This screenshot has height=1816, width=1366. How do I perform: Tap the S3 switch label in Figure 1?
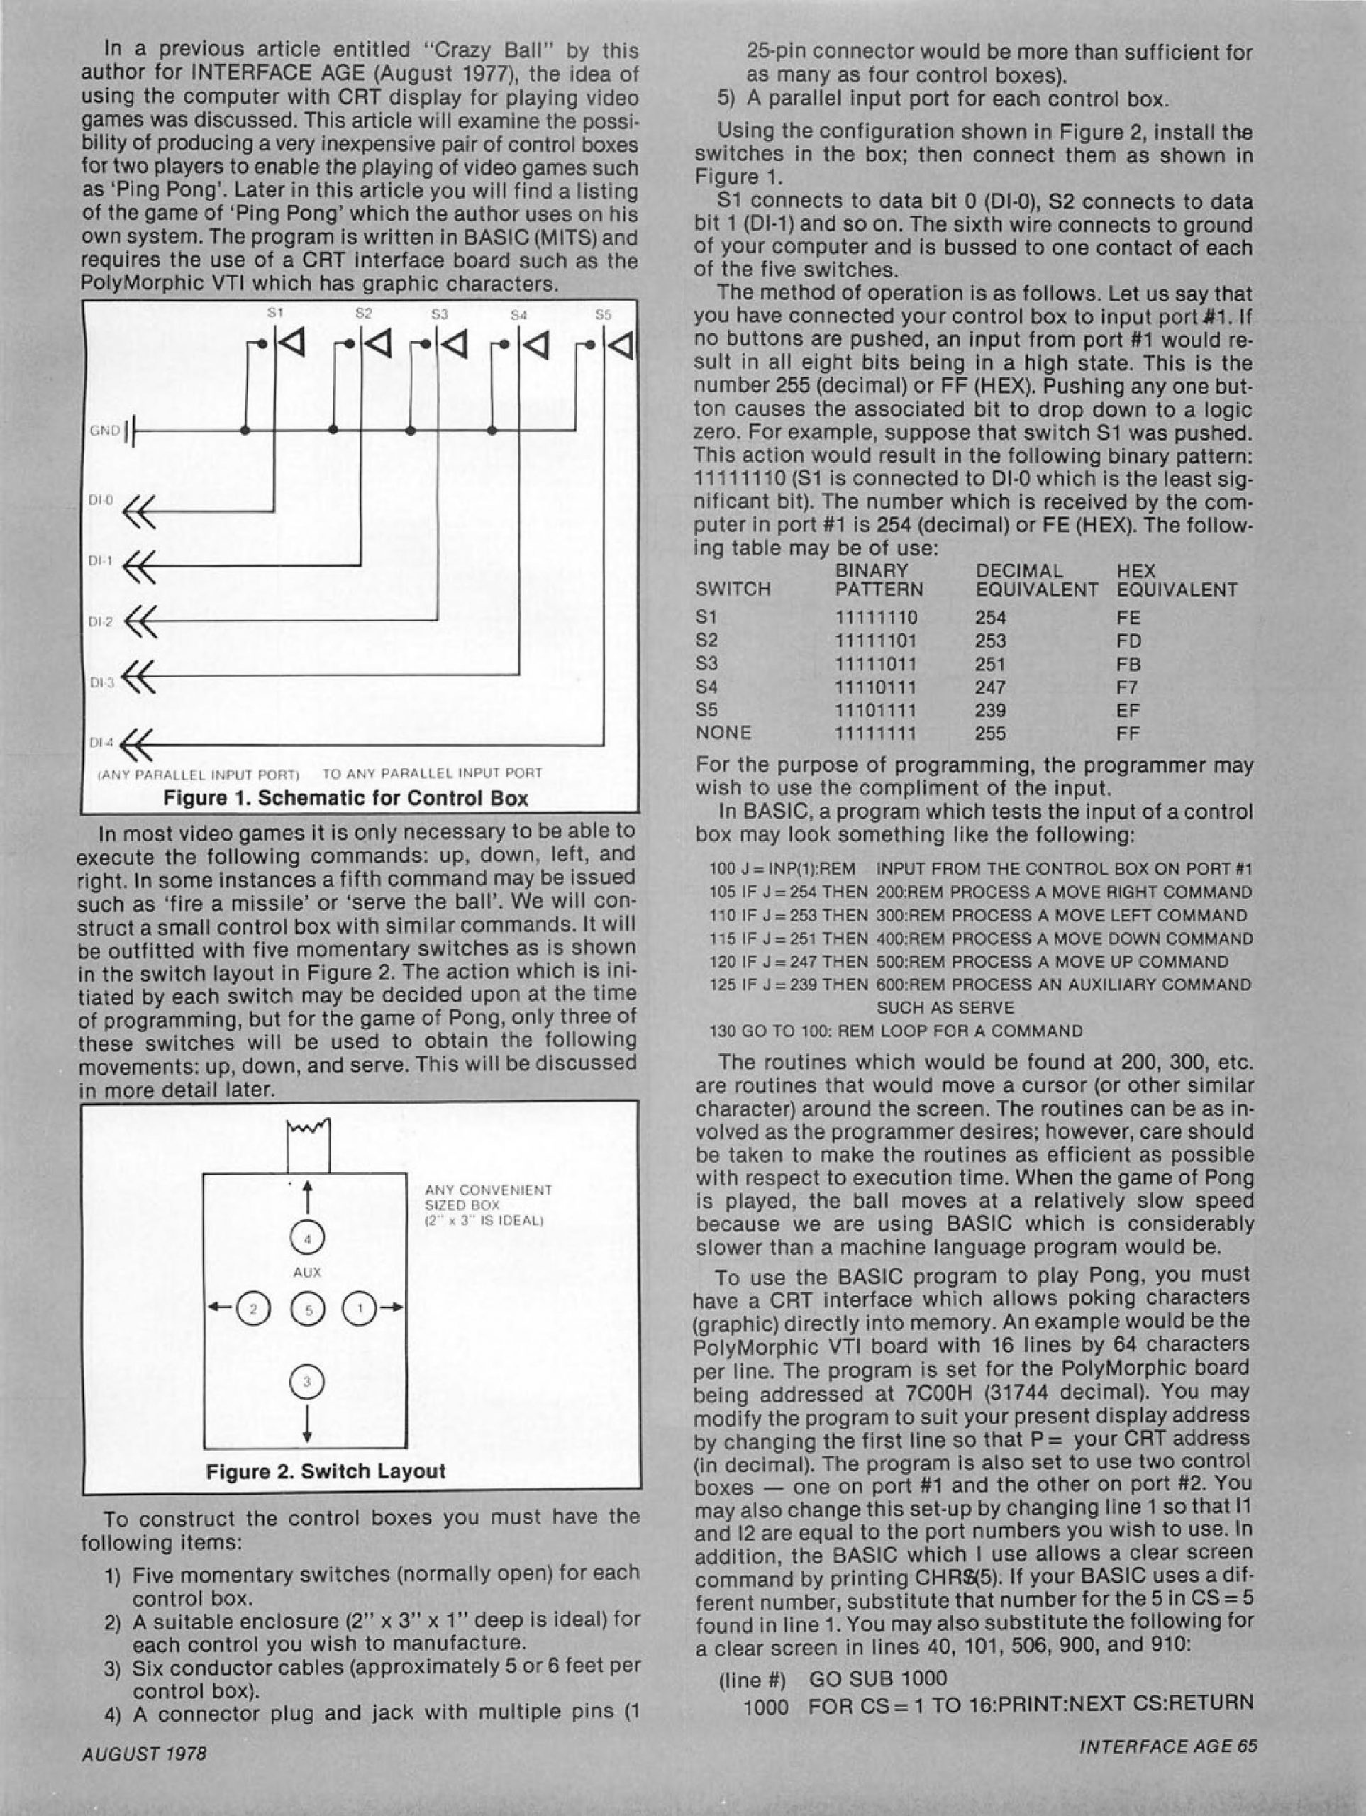click(x=439, y=314)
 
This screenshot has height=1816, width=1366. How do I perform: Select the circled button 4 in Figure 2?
click(x=306, y=1239)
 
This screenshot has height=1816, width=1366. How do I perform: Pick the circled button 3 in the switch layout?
click(x=306, y=1382)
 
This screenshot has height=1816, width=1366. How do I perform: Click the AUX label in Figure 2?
click(x=306, y=1273)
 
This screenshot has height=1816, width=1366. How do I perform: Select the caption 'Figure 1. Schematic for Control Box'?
click(x=345, y=798)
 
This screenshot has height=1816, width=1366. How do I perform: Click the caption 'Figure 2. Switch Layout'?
click(x=326, y=1471)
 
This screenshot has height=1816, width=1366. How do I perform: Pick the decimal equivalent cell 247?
click(x=991, y=687)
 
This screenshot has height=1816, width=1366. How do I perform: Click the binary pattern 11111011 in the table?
click(x=876, y=664)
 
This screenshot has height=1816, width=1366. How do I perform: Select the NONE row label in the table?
click(x=723, y=732)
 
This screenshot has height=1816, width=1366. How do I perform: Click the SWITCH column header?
click(x=732, y=589)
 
